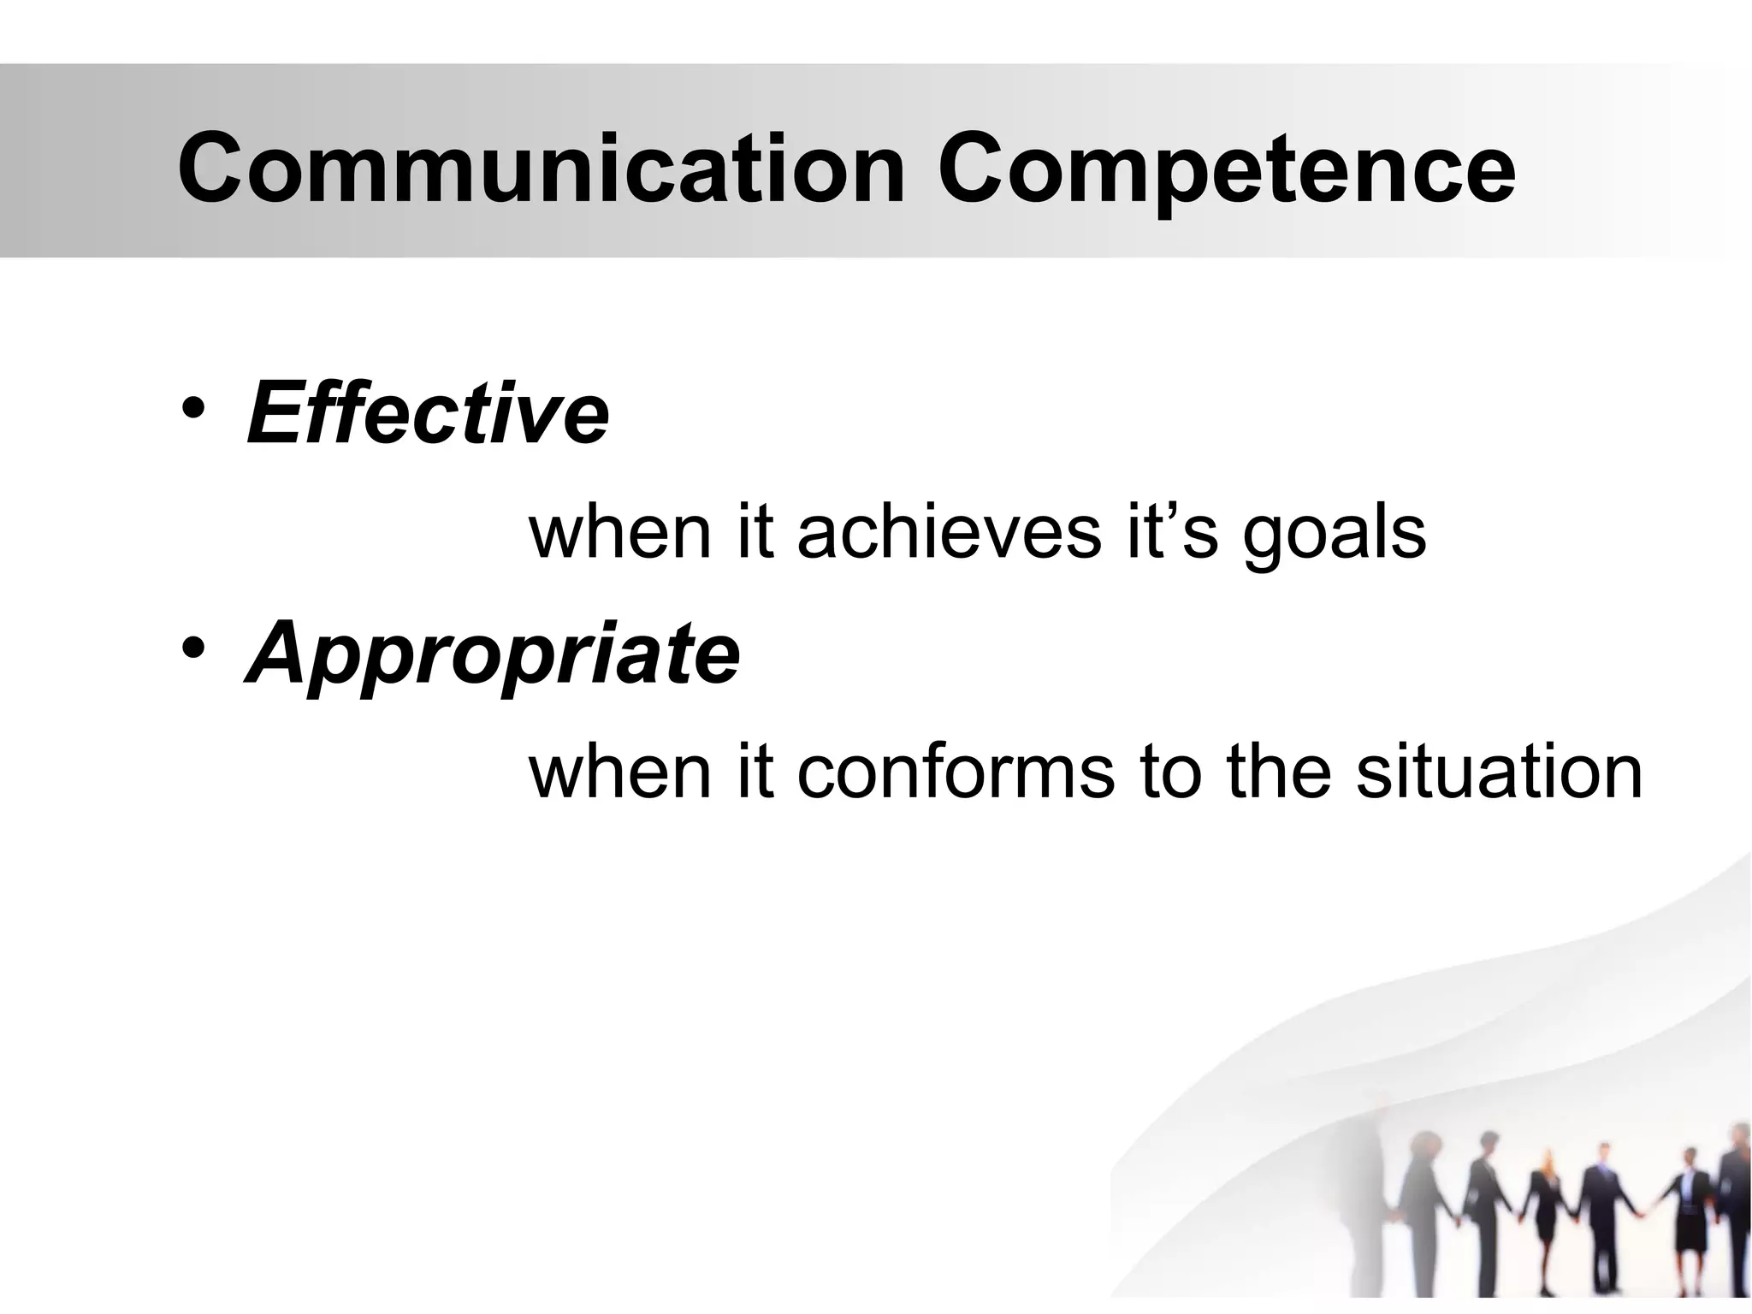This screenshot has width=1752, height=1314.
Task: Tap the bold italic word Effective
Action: (428, 415)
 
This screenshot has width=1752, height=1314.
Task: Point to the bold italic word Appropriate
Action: (493, 654)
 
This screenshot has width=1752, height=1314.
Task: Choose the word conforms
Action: (956, 772)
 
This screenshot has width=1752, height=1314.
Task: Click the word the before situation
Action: (1278, 772)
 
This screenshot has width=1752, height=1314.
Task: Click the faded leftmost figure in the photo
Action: (1421, 1206)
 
